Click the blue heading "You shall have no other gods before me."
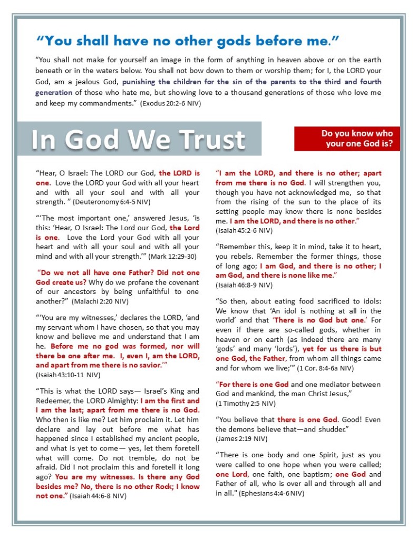pos(187,40)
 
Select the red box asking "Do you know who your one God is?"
pos(347,138)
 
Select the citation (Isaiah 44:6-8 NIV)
pos(100,495)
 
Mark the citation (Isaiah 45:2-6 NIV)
pos(244,230)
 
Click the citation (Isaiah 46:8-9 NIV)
pos(244,285)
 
